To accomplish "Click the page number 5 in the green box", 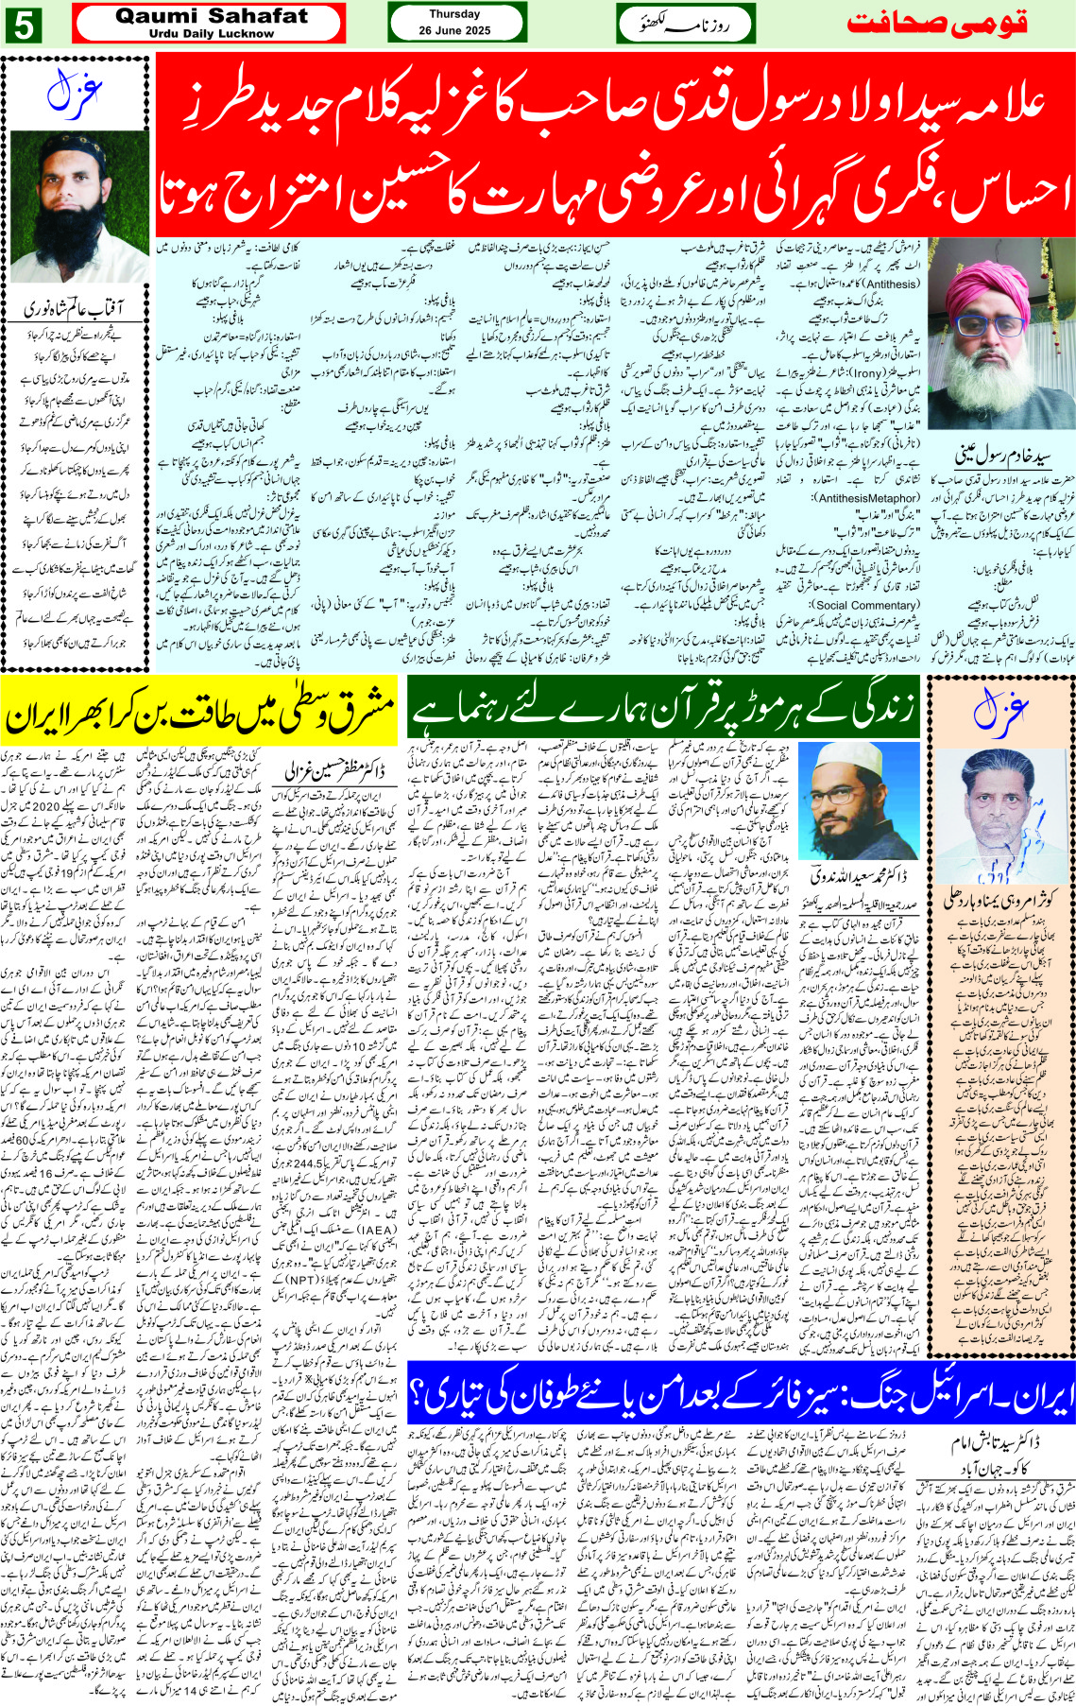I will [x=23, y=25].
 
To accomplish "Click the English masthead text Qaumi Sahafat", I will [x=211, y=16].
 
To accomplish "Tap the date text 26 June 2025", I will [x=454, y=31].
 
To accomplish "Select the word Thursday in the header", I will [x=454, y=14].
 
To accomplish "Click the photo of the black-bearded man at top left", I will [x=78, y=206].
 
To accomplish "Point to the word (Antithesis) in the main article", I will [x=878, y=284].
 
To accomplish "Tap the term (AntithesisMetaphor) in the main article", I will [x=866, y=498].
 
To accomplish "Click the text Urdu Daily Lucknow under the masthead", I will [x=211, y=33].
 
